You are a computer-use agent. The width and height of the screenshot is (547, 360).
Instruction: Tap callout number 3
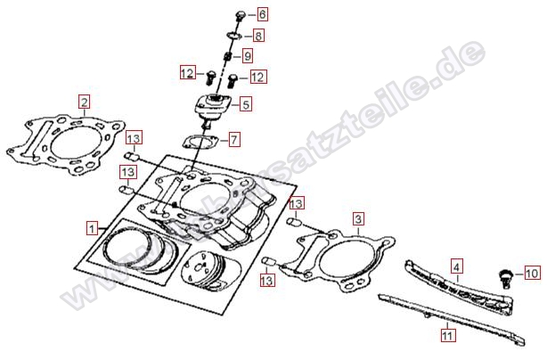(x=357, y=218)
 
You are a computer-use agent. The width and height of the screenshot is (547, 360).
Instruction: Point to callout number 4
(x=455, y=266)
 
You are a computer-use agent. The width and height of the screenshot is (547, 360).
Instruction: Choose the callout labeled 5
(x=244, y=103)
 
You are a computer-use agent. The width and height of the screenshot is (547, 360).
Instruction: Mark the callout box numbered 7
(x=233, y=139)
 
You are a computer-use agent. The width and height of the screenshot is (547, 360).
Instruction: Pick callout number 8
(x=257, y=36)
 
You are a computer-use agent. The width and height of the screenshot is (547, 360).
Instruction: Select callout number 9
(x=248, y=56)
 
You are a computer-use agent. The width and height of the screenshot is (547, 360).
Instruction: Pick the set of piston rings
(x=138, y=249)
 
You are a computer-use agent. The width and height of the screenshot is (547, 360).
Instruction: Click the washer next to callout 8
(x=233, y=36)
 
